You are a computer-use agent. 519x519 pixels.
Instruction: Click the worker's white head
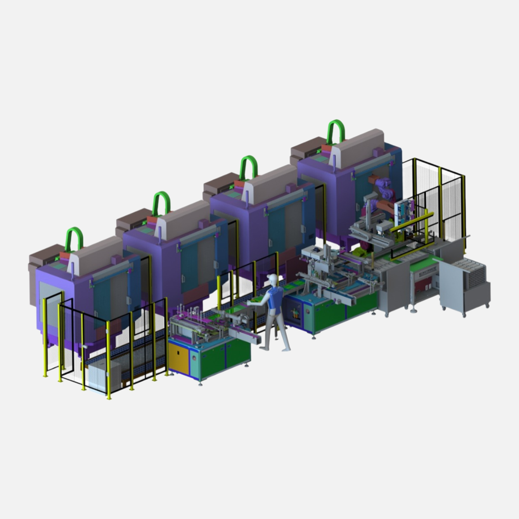(272, 279)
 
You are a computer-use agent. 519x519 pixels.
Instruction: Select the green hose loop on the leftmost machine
(74, 238)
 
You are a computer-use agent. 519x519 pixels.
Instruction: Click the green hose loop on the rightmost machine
(335, 130)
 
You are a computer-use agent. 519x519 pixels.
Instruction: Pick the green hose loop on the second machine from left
(161, 202)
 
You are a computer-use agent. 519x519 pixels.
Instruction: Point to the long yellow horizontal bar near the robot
(412, 222)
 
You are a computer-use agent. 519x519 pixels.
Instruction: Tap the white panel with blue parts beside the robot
(406, 214)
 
